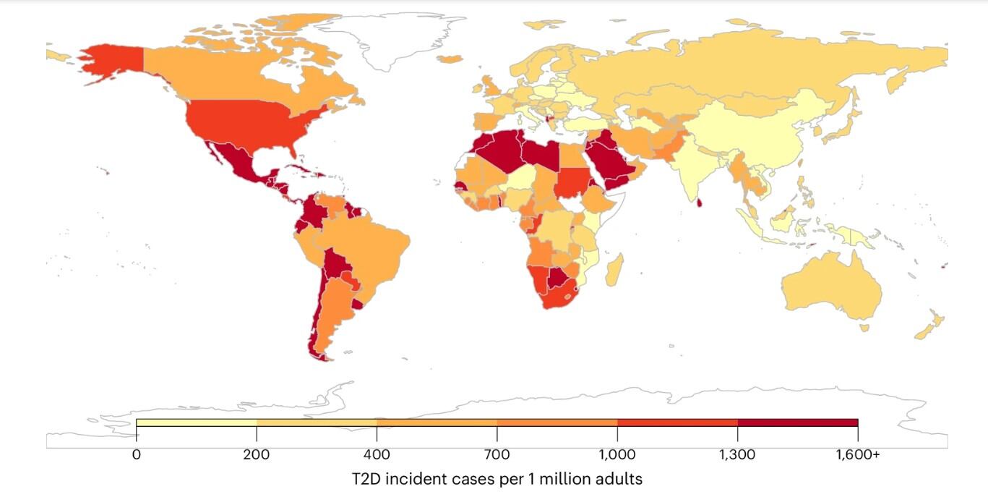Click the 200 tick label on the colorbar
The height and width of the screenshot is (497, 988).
point(256,455)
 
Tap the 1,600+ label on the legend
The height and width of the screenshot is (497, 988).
point(858,455)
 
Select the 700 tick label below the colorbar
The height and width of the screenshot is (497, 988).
point(497,455)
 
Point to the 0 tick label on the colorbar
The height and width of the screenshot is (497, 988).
point(136,455)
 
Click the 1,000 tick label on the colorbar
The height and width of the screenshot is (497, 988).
point(617,455)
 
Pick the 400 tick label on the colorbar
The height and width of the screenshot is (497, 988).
point(377,455)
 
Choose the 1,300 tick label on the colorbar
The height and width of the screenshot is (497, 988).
point(737,455)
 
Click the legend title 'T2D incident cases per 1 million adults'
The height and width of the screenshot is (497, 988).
point(497,479)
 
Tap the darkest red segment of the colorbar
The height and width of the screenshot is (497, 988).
point(797,422)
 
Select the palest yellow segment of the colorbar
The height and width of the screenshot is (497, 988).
point(196,422)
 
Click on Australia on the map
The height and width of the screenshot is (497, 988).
point(831,286)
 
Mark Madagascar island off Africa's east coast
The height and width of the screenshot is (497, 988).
point(614,271)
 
